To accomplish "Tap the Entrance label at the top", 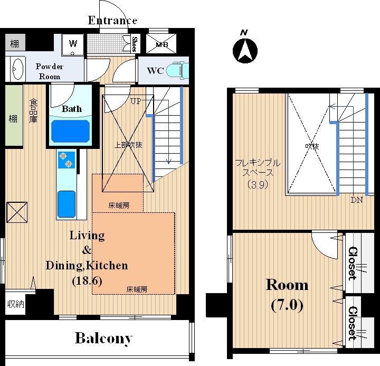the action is click(x=112, y=21).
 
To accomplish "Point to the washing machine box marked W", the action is click(x=72, y=45).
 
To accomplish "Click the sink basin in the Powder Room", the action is click(x=18, y=69).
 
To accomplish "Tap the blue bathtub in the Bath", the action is click(x=71, y=131).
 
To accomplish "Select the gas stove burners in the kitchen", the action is click(x=66, y=160).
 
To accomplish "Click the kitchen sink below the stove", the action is click(x=66, y=204).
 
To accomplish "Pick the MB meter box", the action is click(x=161, y=44).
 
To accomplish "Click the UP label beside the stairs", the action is click(x=136, y=101).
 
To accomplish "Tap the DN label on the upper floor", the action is click(x=357, y=200).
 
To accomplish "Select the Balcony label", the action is click(x=104, y=339).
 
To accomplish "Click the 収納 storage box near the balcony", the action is click(x=15, y=304).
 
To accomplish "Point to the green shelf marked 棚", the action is click(x=14, y=116).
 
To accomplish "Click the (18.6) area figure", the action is click(x=87, y=281).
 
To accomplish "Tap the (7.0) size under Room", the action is click(x=287, y=305).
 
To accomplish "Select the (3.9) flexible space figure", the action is click(x=258, y=185).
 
